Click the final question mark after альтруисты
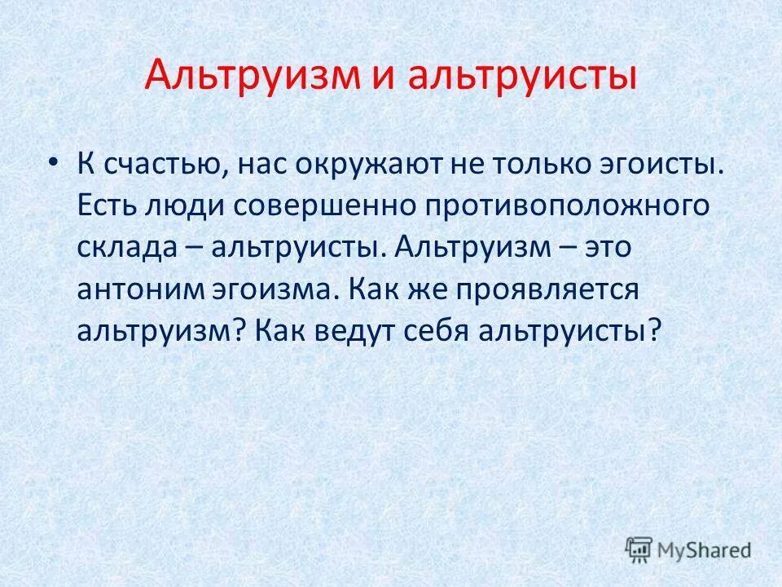[650, 330]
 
